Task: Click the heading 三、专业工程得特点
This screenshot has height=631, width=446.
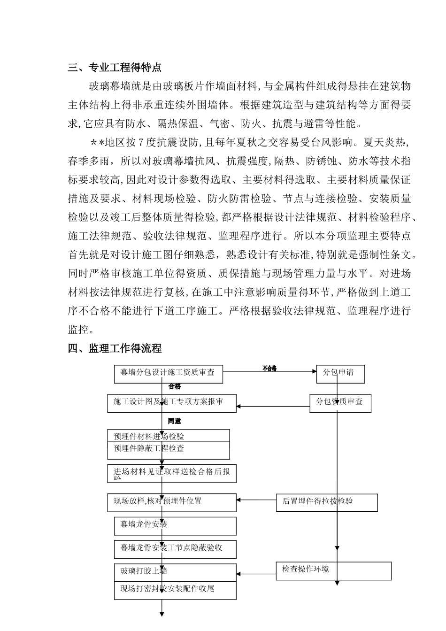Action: click(115, 68)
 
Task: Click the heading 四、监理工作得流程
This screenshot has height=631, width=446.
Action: click(115, 348)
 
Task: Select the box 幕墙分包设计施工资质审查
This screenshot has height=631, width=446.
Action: click(168, 374)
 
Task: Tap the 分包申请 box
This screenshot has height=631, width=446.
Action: click(340, 374)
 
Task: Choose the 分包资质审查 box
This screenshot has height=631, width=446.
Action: click(340, 403)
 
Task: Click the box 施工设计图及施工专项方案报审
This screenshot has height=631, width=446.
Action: click(171, 403)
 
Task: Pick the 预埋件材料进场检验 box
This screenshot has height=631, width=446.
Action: click(168, 436)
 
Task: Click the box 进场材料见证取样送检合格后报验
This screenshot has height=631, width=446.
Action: click(171, 474)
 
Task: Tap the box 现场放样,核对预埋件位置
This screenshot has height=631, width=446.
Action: click(171, 502)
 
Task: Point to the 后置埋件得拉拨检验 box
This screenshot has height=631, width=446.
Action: click(326, 502)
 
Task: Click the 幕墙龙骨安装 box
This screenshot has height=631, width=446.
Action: click(175, 526)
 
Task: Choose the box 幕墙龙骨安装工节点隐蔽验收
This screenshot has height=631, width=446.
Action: click(175, 549)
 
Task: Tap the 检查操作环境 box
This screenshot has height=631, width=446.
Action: click(333, 570)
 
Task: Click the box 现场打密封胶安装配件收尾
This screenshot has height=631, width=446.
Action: click(175, 590)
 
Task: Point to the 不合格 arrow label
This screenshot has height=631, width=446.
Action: click(269, 368)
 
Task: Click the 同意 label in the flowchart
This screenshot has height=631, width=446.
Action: click(174, 421)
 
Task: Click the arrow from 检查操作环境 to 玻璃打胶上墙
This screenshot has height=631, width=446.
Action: click(257, 573)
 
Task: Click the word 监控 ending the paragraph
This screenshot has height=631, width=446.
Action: click(78, 330)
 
